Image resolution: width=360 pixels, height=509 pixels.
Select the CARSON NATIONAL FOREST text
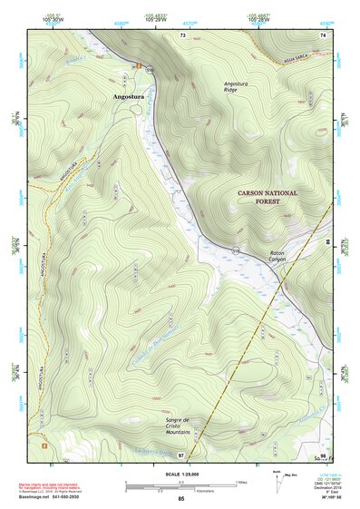tap(268, 198)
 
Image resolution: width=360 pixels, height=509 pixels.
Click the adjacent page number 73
tap(182, 35)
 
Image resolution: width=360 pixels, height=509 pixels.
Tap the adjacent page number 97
tap(180, 455)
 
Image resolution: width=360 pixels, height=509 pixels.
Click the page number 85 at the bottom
tap(180, 499)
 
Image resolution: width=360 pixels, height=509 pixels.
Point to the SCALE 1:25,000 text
tap(180, 474)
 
